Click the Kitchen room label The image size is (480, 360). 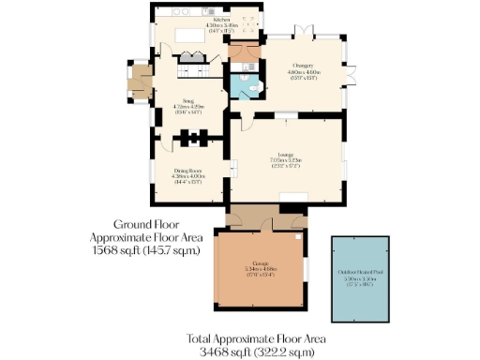click(222, 18)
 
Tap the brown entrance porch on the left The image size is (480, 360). click(141, 82)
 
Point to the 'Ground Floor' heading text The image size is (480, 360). click(145, 225)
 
